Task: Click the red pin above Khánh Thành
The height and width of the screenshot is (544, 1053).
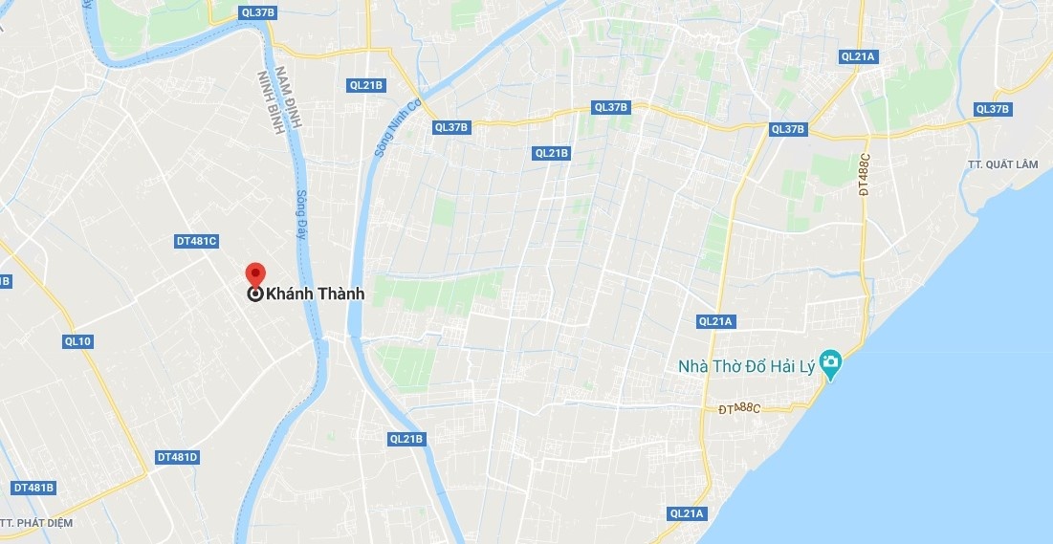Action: pyautogui.click(x=255, y=272)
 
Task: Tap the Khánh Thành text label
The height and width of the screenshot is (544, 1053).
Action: pyautogui.click(x=315, y=294)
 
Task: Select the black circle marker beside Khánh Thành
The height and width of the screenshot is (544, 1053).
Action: pyautogui.click(x=255, y=294)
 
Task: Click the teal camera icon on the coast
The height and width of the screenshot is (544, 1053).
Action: pyautogui.click(x=831, y=363)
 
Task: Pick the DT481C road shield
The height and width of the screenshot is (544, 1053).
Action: pyautogui.click(x=197, y=241)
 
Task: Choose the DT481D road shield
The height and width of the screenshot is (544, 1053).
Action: pyautogui.click(x=177, y=457)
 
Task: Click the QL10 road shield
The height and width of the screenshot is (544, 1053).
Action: pyautogui.click(x=77, y=341)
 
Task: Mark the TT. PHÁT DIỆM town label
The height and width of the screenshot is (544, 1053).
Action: pyautogui.click(x=36, y=523)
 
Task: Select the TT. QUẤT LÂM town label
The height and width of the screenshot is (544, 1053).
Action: pyautogui.click(x=1002, y=164)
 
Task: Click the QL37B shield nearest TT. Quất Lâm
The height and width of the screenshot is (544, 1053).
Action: pyautogui.click(x=992, y=109)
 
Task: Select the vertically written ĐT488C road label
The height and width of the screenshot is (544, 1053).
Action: pyautogui.click(x=865, y=174)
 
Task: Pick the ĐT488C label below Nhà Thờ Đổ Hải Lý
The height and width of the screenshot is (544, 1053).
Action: pyautogui.click(x=739, y=409)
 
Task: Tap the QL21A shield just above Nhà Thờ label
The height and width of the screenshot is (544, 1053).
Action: pyautogui.click(x=715, y=321)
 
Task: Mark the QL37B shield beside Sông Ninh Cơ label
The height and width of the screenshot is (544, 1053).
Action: pyautogui.click(x=451, y=127)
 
